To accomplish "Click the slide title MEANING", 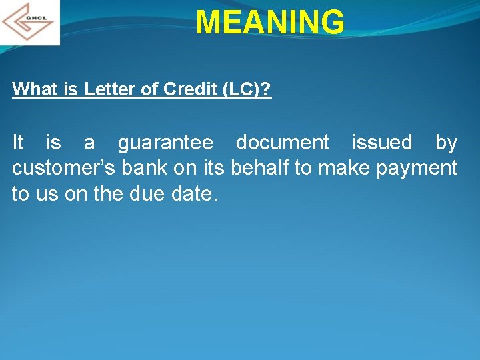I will [270, 22].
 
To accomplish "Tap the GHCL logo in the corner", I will [30, 22].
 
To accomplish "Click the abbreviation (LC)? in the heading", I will [247, 89].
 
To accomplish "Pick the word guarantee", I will [165, 143].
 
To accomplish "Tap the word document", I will [282, 143].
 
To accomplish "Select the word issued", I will [381, 143].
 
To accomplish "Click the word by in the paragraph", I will [446, 143].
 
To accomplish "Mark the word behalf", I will [260, 168].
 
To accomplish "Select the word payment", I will [417, 168].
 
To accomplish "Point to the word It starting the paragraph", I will [19, 143].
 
